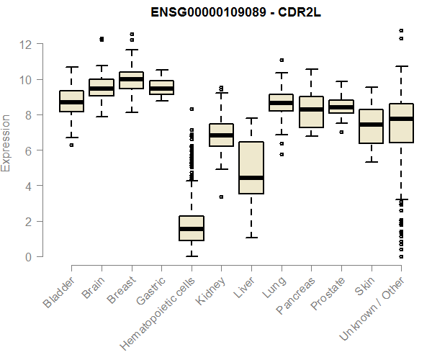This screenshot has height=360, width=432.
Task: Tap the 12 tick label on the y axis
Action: [27, 44]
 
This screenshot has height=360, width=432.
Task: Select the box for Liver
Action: [251, 168]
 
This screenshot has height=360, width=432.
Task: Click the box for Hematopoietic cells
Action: [191, 228]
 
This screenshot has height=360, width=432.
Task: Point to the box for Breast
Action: [131, 80]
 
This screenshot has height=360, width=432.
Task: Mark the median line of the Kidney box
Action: [221, 135]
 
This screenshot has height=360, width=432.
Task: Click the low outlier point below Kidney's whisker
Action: [221, 197]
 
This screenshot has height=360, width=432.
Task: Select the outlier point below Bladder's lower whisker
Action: [71, 145]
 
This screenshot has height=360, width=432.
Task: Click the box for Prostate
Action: [341, 107]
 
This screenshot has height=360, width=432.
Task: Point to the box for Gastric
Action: [161, 88]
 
